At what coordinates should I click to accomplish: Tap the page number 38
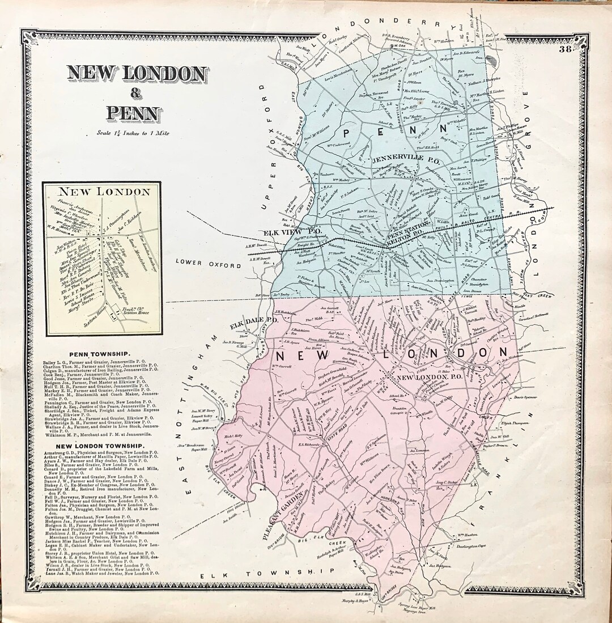pos(564,49)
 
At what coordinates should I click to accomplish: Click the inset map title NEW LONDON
pos(102,192)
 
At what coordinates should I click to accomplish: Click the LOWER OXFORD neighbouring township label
pos(197,262)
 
